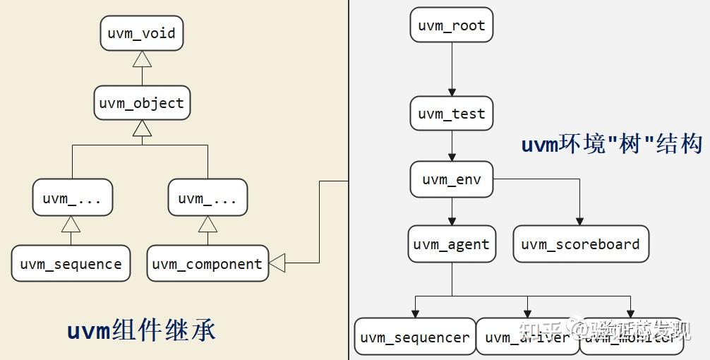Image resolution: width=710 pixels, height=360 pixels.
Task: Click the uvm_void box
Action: point(142,34)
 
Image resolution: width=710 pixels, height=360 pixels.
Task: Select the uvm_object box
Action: point(142,103)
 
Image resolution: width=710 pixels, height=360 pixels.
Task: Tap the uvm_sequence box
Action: point(71,264)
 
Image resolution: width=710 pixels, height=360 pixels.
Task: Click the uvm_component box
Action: point(207,264)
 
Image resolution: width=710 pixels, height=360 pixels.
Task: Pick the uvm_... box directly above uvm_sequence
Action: point(72,198)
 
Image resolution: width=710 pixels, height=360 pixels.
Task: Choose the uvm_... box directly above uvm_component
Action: point(207,198)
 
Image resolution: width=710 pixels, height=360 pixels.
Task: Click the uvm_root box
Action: point(452,26)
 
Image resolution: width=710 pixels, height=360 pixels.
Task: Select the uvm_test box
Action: point(452,114)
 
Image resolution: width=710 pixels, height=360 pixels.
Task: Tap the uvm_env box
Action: point(452,179)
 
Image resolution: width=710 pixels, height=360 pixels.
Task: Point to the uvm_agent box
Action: point(452,244)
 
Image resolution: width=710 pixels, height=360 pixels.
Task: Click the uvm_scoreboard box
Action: point(580,244)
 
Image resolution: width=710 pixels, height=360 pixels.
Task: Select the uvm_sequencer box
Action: point(414,337)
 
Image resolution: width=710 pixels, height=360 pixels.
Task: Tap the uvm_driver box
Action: point(527,337)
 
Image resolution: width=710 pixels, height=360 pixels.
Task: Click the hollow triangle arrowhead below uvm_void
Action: point(142,59)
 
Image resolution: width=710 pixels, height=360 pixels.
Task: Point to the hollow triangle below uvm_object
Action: point(142,128)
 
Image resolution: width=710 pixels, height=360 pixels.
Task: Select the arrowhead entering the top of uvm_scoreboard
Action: point(580,221)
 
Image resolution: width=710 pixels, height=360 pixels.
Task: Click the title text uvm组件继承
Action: point(141,330)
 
